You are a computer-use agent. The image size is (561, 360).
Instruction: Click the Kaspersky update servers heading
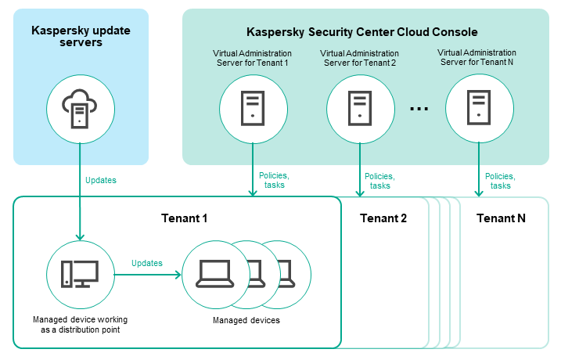click(81, 36)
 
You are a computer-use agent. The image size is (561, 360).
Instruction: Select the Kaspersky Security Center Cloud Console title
click(361, 32)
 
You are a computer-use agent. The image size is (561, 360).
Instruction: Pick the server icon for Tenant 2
click(359, 106)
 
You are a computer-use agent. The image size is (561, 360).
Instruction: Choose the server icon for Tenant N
click(478, 106)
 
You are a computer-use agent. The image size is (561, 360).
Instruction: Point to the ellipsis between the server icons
click(419, 108)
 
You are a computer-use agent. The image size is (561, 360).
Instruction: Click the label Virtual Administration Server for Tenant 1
click(252, 58)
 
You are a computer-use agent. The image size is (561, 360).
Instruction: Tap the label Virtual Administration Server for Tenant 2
click(359, 58)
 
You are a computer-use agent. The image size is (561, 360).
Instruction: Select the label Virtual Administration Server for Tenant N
click(478, 58)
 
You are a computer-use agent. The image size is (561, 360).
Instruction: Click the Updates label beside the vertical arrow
click(100, 180)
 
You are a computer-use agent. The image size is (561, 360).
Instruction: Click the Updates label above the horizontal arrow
click(147, 263)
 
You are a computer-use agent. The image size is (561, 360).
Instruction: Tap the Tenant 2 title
click(383, 218)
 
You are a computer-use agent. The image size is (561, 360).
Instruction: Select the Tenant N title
click(501, 218)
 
